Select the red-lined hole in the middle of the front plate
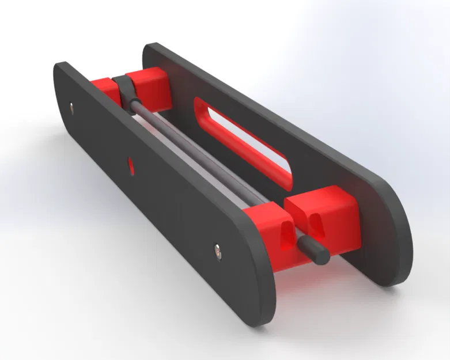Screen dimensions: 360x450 131,166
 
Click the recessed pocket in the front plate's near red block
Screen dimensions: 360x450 285,236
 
